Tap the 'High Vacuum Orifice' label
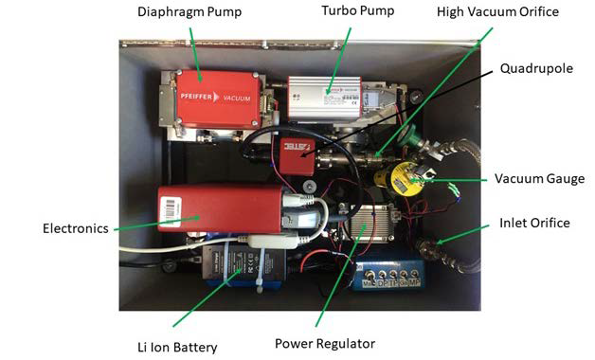497,12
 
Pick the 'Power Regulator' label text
325,343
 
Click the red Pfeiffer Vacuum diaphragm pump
216,99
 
